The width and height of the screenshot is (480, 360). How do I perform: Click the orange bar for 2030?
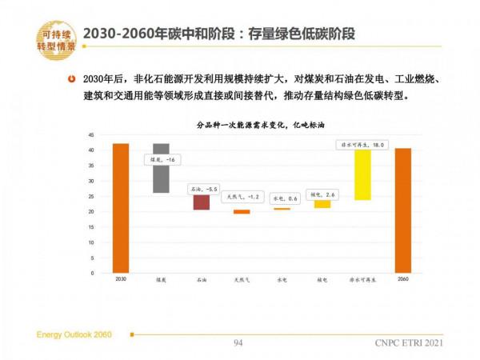[x=121, y=208]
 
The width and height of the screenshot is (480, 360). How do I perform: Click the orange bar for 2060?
[x=402, y=210]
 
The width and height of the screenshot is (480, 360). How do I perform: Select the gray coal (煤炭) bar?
[x=161, y=168]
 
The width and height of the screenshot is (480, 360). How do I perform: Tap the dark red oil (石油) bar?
[x=201, y=202]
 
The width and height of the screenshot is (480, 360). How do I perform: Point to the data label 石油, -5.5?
[x=202, y=189]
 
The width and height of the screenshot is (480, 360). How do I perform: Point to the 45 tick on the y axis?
[x=92, y=135]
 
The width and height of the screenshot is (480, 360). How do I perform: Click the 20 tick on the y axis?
[x=92, y=212]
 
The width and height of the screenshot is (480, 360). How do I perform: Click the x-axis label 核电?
[x=322, y=281]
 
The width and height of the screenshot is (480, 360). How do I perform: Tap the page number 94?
[x=238, y=343]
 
